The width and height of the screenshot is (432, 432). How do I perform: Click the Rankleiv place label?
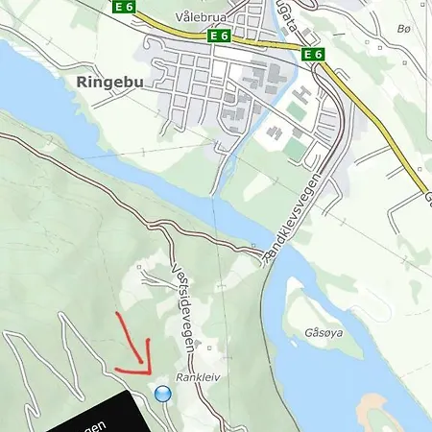[198, 378]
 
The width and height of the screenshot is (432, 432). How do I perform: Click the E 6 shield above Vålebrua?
[123, 6]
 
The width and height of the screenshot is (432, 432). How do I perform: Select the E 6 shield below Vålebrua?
[219, 36]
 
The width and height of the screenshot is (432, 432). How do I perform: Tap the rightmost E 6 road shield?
[312, 55]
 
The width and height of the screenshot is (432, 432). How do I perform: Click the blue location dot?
[162, 394]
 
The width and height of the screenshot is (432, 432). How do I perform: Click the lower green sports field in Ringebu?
[294, 149]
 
